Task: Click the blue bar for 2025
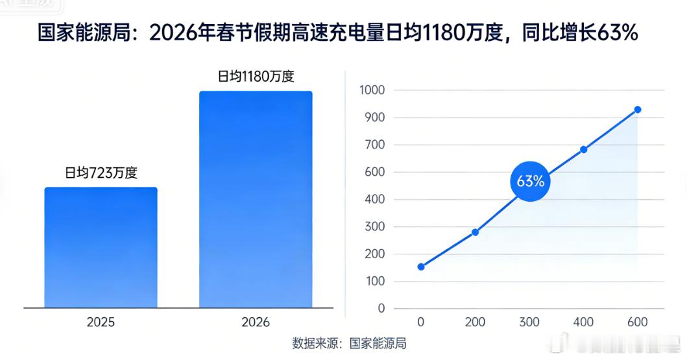[101, 247]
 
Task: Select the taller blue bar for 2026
[256, 199]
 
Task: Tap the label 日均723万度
[101, 173]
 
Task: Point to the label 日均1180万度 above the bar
[256, 77]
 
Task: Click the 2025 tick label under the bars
[101, 322]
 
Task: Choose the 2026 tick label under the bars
[255, 322]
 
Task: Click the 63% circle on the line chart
[530, 182]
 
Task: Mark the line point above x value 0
[421, 267]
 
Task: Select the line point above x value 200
[475, 232]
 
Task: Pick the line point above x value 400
[584, 149]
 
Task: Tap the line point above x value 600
[638, 110]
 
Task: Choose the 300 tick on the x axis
[529, 322]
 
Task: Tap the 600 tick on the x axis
[638, 322]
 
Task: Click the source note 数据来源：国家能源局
[349, 343]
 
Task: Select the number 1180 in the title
[443, 33]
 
